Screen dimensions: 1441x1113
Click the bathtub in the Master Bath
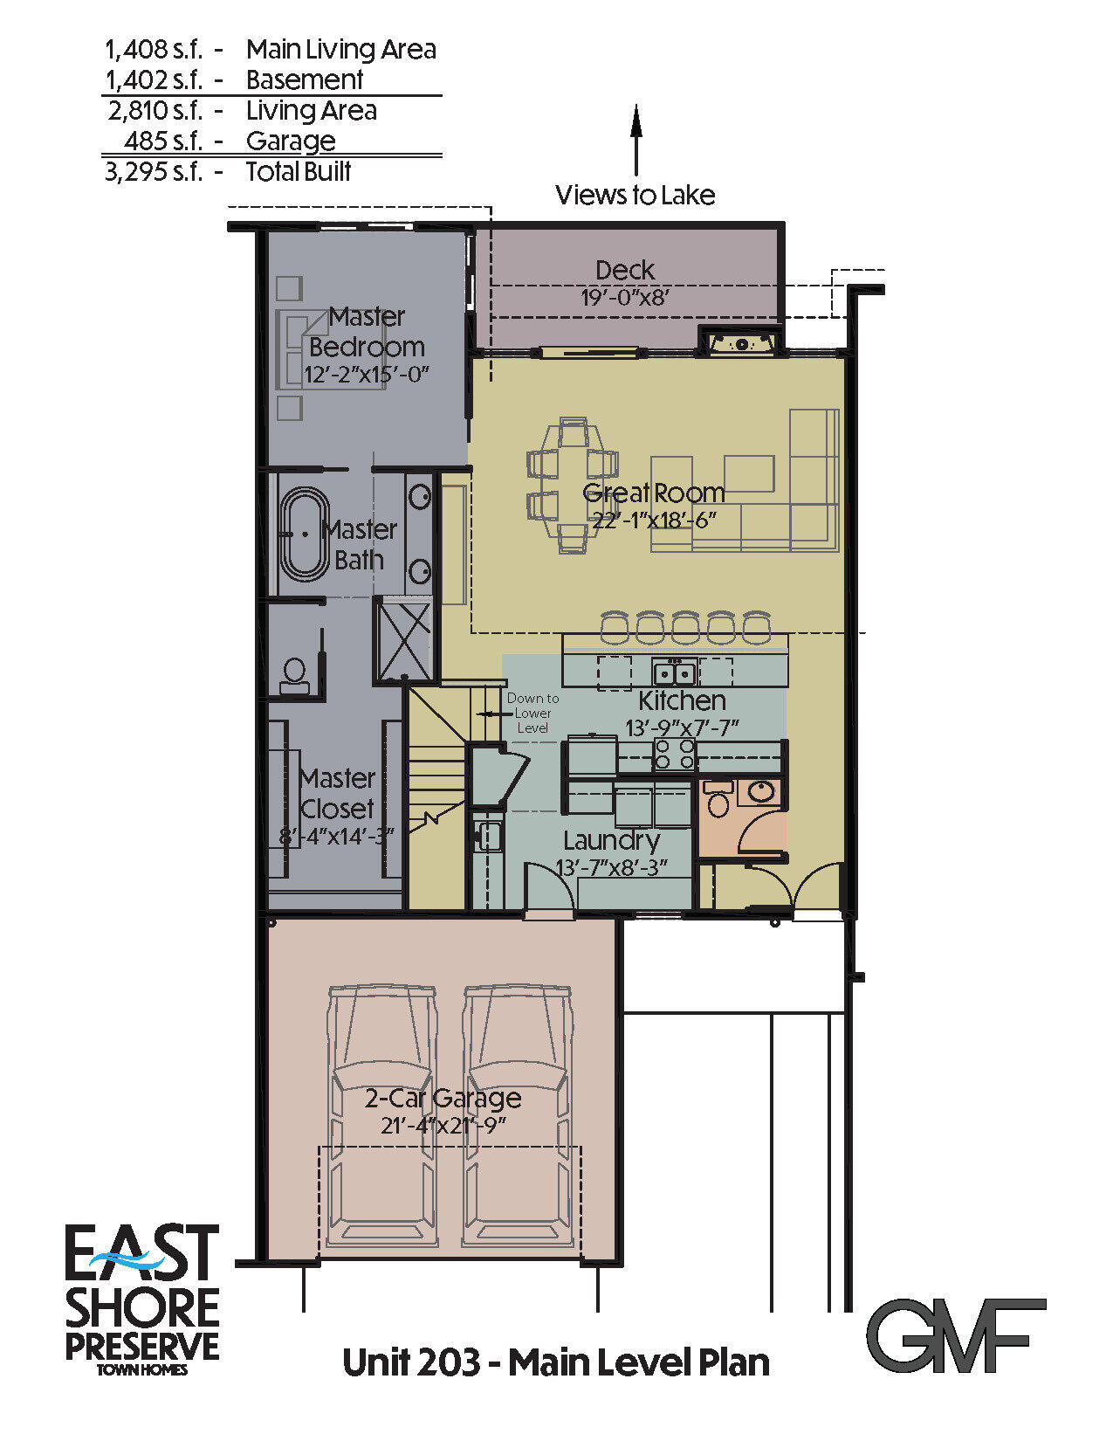pos(304,533)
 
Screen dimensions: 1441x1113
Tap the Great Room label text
pos(653,493)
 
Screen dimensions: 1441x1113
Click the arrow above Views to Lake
pos(636,140)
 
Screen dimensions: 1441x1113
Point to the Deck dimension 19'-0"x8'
pos(625,298)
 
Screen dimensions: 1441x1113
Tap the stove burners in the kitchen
pos(675,754)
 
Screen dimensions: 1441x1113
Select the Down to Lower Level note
pos(532,713)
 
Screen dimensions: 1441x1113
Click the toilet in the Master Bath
pos(294,675)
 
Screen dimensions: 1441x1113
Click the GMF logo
pos(956,1335)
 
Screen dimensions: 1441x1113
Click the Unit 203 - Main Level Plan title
pos(556,1362)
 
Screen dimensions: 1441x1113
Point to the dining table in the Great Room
pos(573,485)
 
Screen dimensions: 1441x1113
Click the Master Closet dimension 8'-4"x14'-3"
pos(336,836)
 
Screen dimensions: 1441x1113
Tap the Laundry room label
pos(611,841)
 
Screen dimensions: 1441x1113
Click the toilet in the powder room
pos(718,800)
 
